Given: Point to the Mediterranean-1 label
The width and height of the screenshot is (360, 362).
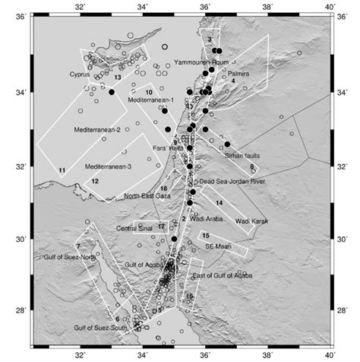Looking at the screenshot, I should pyautogui.click(x=151, y=100).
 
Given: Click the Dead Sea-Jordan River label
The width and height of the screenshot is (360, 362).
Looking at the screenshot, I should pyautogui.click(x=232, y=183).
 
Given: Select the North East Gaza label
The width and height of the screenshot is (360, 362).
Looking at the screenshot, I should pyautogui.click(x=149, y=196).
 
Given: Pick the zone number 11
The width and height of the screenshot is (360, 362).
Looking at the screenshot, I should pyautogui.click(x=62, y=170).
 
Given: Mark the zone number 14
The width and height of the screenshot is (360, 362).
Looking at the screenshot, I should pyautogui.click(x=218, y=203).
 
